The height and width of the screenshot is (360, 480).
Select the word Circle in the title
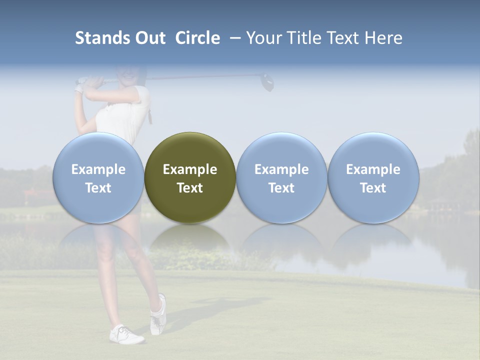tap(197, 38)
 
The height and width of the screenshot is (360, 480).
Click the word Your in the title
tap(262, 38)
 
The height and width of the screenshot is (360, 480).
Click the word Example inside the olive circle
tap(190, 169)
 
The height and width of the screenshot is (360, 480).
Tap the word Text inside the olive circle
tap(190, 188)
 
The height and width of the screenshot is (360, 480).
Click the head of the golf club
tap(268, 82)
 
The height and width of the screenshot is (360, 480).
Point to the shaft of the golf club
tap(200, 77)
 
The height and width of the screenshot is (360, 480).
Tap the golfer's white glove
tap(79, 89)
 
